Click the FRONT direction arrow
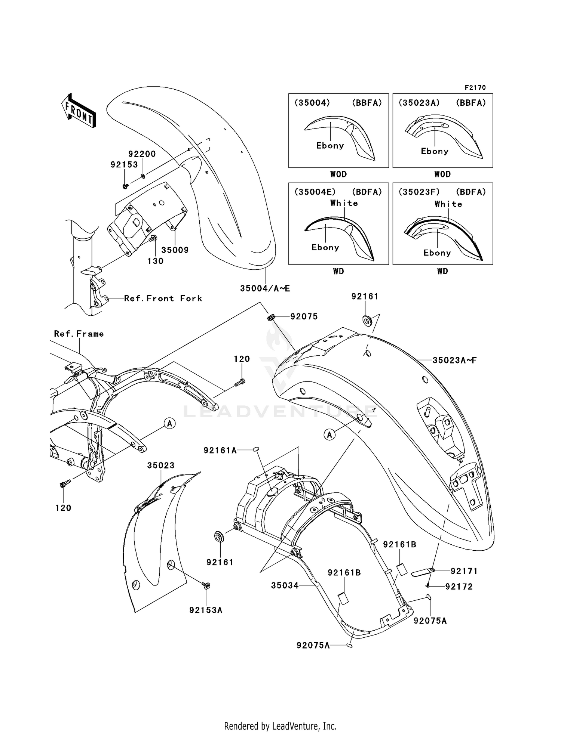pyautogui.click(x=79, y=111)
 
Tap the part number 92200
pyautogui.click(x=142, y=154)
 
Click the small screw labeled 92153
pyautogui.click(x=126, y=186)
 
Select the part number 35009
pyautogui.click(x=175, y=250)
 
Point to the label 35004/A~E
pyautogui.click(x=265, y=288)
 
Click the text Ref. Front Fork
pyautogui.click(x=163, y=298)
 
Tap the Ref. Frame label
pyautogui.click(x=79, y=334)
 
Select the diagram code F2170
pyautogui.click(x=475, y=87)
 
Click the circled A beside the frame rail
pyautogui.click(x=169, y=423)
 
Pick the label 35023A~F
pyautogui.click(x=454, y=360)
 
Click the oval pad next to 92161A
pyautogui.click(x=256, y=449)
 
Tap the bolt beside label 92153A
pyautogui.click(x=206, y=585)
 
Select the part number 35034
pyautogui.click(x=285, y=585)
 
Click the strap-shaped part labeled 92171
pyautogui.click(x=423, y=572)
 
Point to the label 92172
pyautogui.click(x=459, y=587)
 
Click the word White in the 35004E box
pyautogui.click(x=344, y=203)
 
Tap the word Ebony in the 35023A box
pyautogui.click(x=434, y=151)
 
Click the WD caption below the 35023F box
pyautogui.click(x=442, y=271)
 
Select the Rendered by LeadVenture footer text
pyautogui.click(x=280, y=726)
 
